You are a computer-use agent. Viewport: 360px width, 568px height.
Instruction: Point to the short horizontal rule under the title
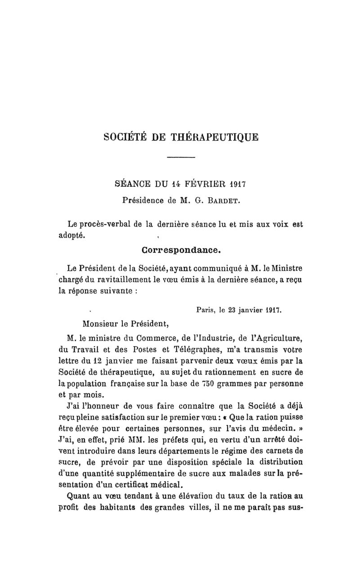pyautogui.click(x=180, y=157)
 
